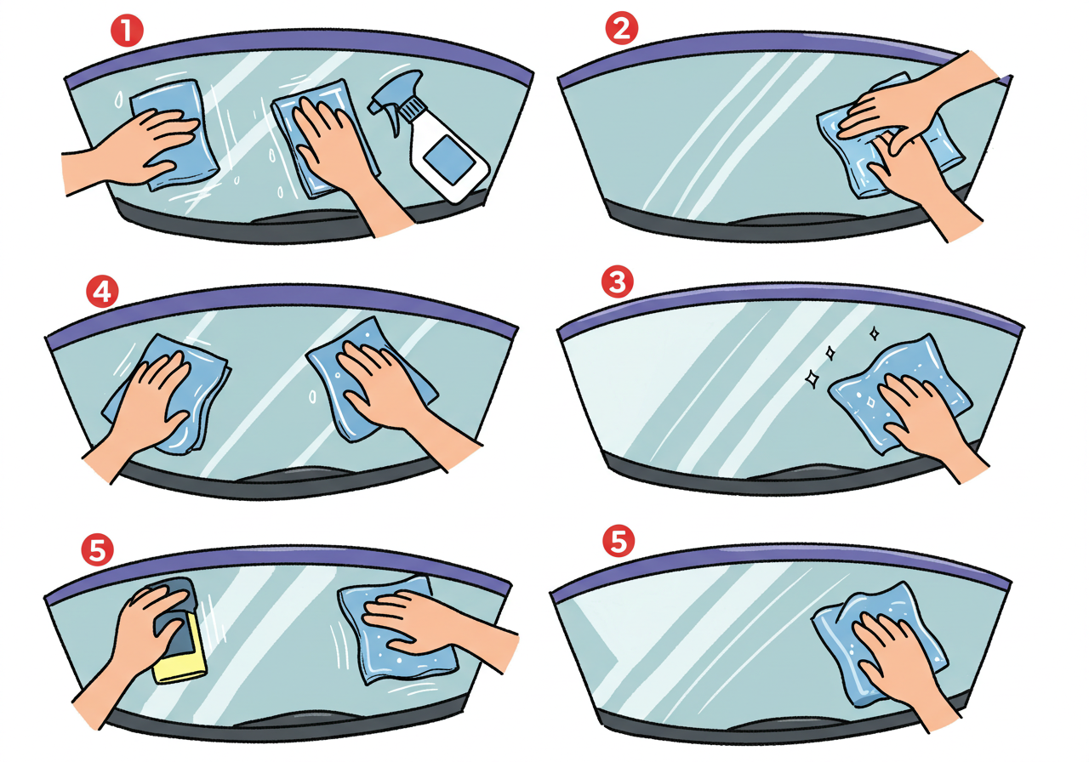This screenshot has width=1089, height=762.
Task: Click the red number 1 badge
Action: (127, 30)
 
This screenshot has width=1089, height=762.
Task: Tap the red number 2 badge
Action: (621, 28)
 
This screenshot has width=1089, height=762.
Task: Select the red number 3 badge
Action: (618, 281)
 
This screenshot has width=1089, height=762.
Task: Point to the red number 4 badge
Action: (102, 292)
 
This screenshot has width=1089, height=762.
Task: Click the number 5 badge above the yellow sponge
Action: (97, 550)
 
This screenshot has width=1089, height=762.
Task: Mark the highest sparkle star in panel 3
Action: (874, 333)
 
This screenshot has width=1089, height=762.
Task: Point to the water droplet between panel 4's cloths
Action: (313, 397)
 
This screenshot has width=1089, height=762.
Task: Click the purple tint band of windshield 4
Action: (282, 298)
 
